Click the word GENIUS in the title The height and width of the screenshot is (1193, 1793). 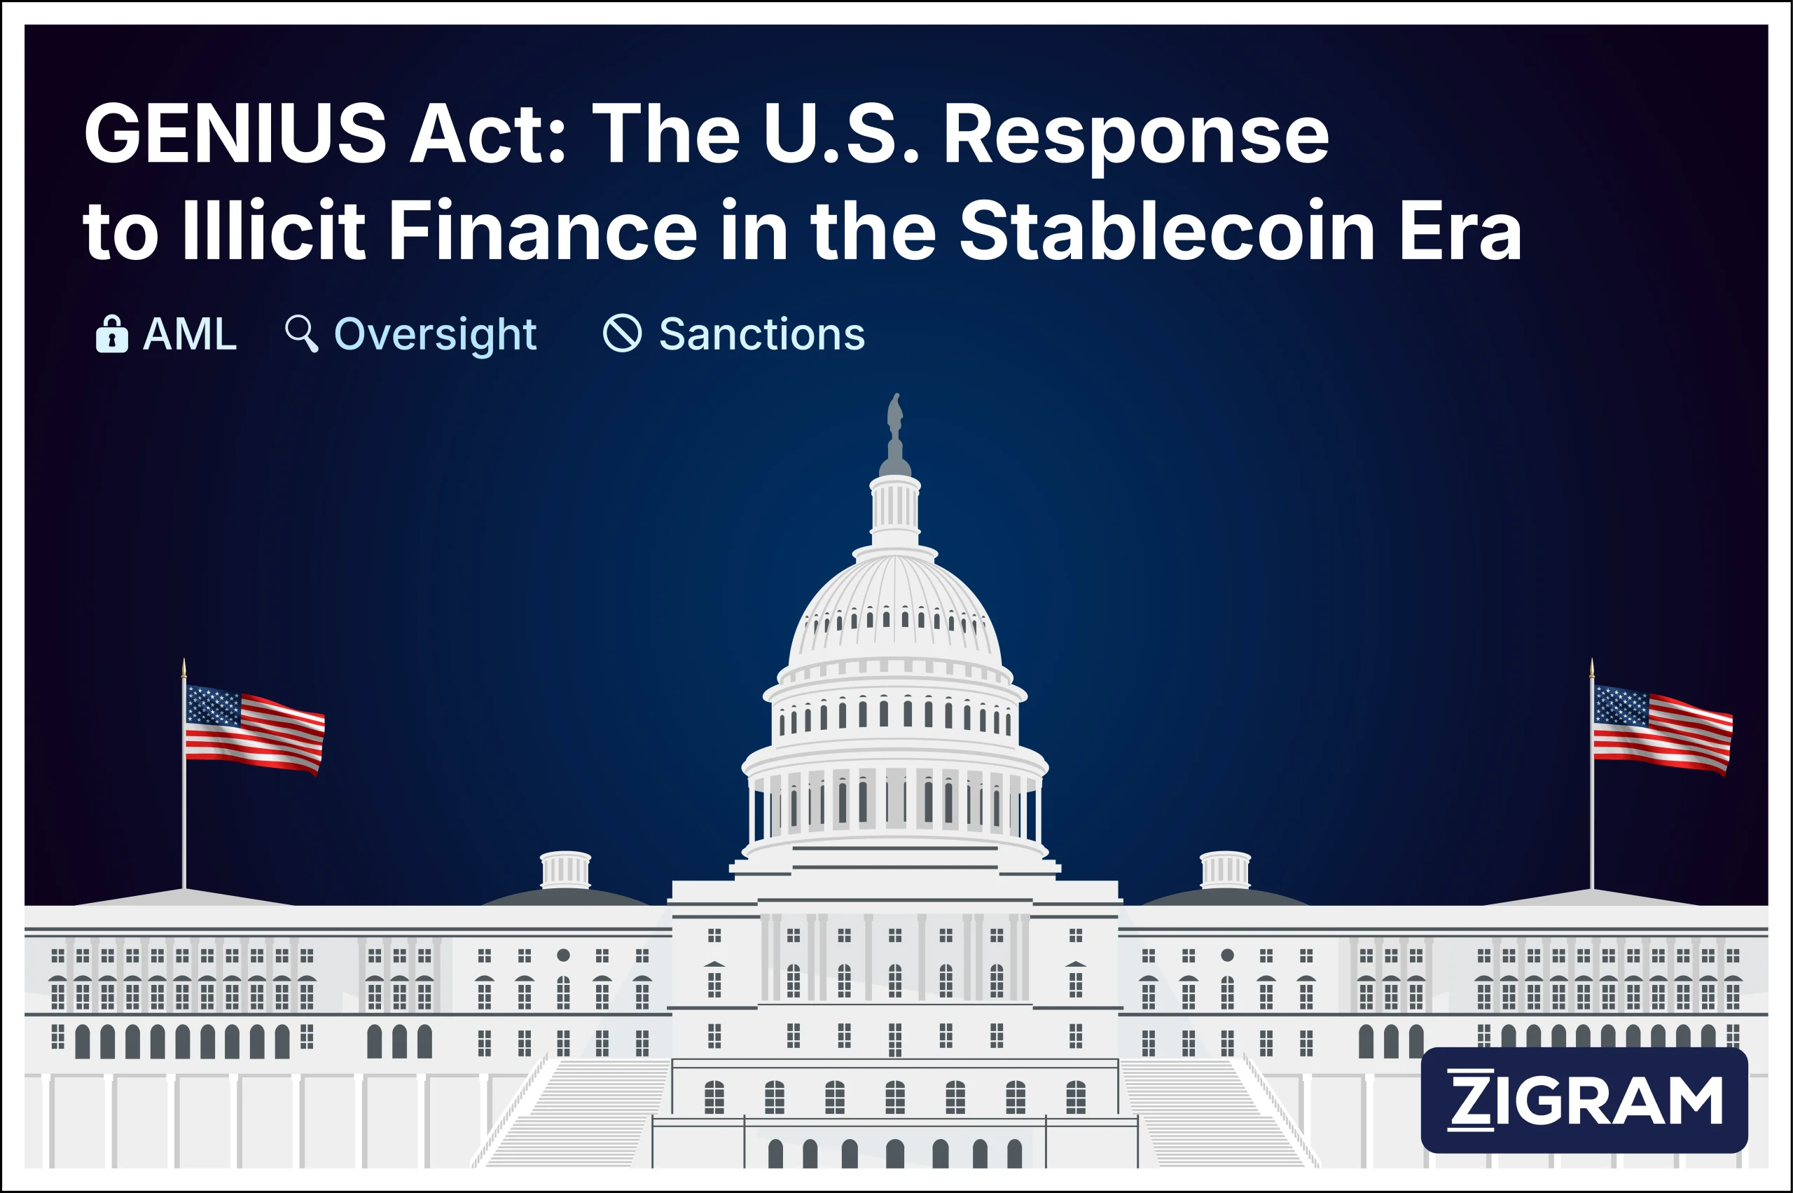coord(235,135)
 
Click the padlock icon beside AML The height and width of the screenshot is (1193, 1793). coord(112,334)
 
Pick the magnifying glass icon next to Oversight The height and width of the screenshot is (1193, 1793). coord(301,333)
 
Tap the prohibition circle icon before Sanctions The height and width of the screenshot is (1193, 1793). coord(622,333)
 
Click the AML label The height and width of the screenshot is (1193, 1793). coord(191,334)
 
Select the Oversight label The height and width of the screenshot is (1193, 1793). coord(435,334)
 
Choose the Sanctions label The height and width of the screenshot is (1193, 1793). coord(761,334)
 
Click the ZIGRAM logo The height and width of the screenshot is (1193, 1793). coord(1584,1099)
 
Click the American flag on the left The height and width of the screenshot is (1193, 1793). coord(255,728)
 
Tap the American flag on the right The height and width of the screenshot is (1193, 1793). coord(1662,728)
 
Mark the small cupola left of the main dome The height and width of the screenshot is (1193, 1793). coord(565,869)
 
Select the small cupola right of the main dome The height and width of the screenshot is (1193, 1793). coord(1225,869)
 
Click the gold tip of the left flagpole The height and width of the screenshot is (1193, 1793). coord(184,668)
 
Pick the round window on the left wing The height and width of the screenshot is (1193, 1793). coord(563,955)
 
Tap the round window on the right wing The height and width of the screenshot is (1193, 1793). coord(1227,955)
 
